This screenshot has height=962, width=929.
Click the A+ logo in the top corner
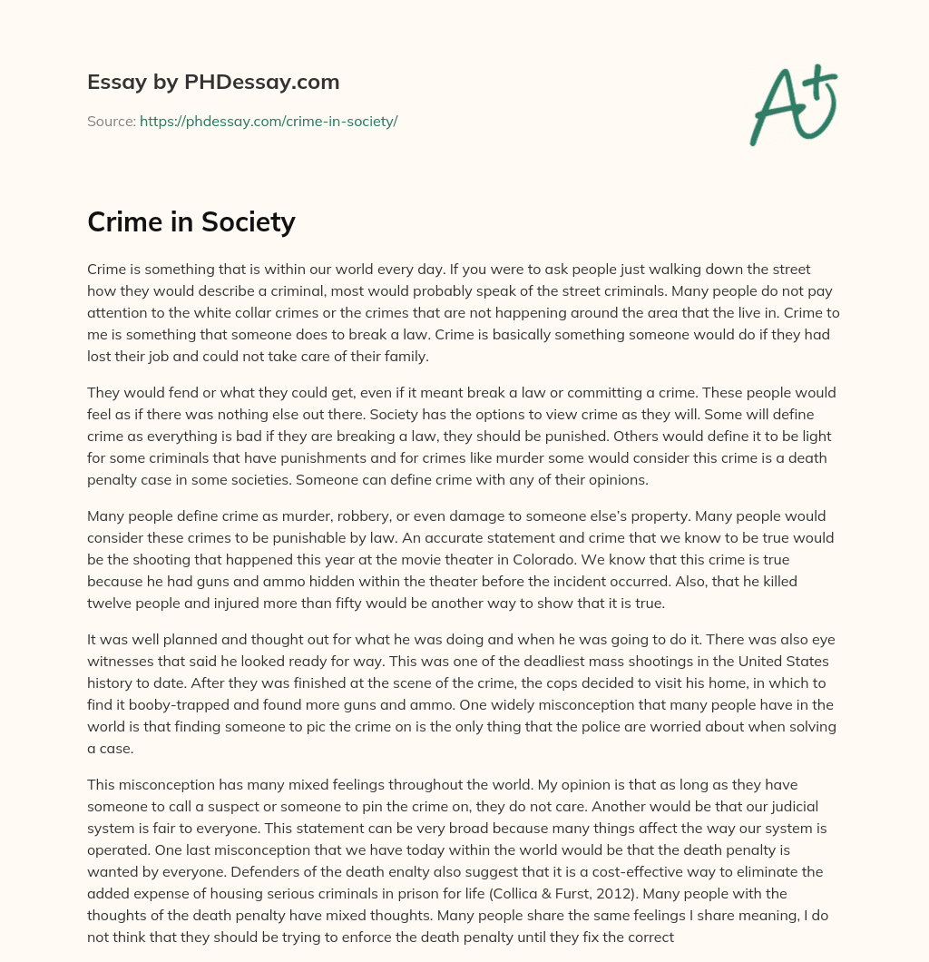(792, 105)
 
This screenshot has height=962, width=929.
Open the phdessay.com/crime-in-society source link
(269, 121)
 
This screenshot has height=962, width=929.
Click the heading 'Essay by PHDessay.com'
(213, 83)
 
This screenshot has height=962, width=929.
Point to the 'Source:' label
(111, 121)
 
